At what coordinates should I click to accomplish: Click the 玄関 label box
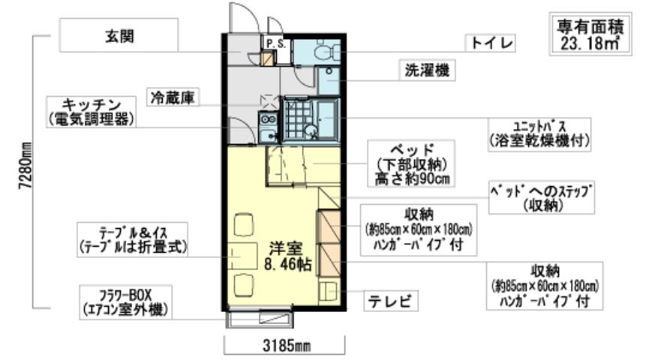[x=119, y=35]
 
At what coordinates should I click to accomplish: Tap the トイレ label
[x=491, y=43]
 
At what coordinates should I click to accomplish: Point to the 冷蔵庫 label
[x=174, y=97]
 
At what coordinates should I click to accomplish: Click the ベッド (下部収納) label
[x=412, y=163]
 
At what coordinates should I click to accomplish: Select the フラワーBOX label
[x=126, y=300]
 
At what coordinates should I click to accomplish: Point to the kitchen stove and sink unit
[x=267, y=126]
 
